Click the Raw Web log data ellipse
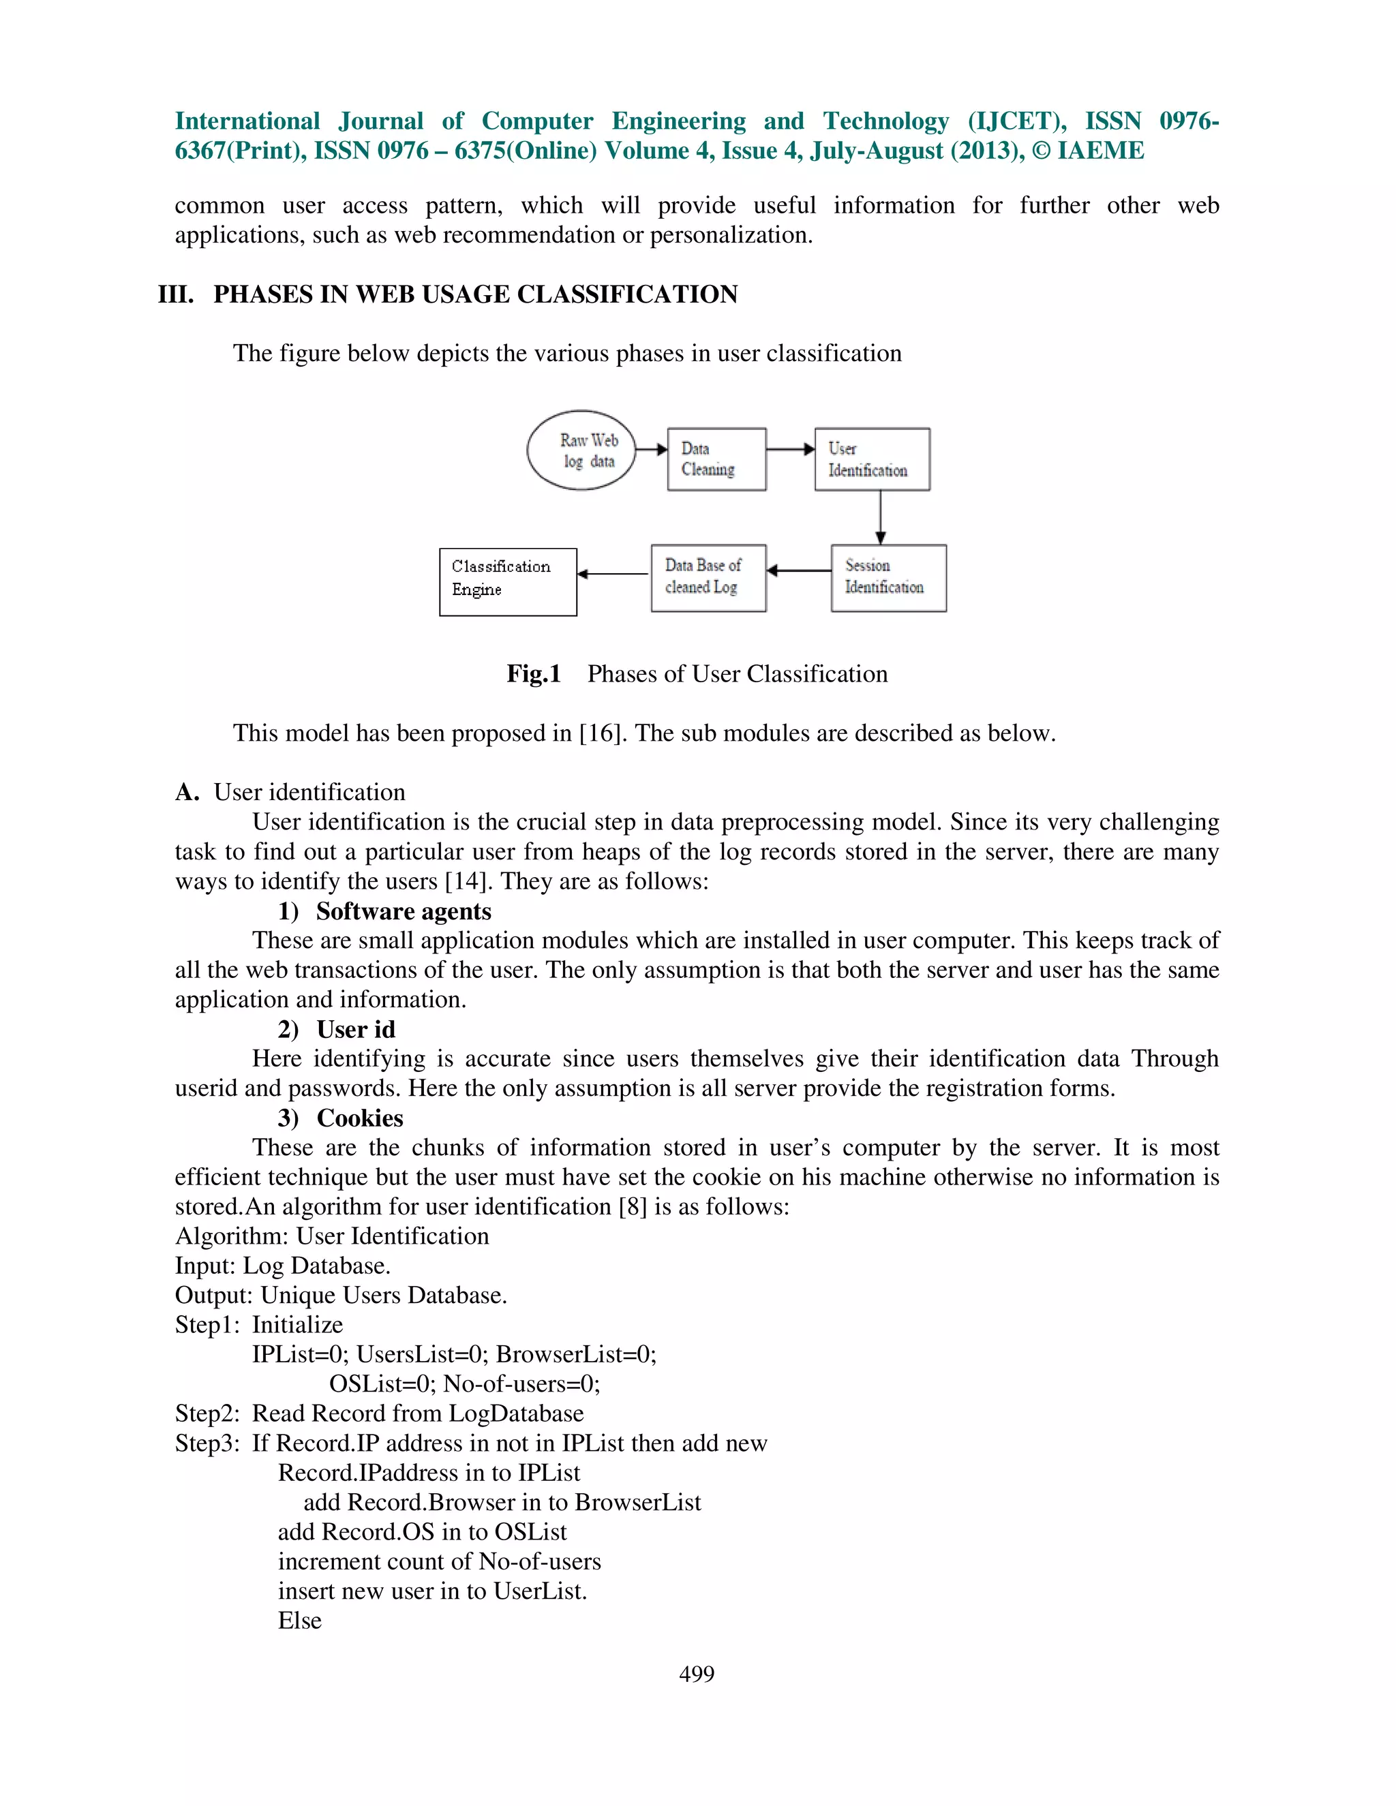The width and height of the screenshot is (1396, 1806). [581, 450]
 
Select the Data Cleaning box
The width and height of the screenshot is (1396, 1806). [716, 459]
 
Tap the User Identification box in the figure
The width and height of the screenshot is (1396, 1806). [872, 459]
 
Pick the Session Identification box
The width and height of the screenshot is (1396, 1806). [888, 577]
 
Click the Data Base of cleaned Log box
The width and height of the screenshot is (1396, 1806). [708, 577]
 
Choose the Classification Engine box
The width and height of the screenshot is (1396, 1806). [507, 581]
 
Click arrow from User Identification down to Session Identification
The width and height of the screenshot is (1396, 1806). [880, 517]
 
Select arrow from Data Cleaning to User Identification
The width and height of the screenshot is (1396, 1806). [790, 449]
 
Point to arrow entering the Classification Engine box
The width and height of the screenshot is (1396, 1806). [613, 574]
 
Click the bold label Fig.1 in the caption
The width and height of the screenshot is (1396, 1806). [534, 674]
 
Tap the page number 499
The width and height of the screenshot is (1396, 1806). [697, 1674]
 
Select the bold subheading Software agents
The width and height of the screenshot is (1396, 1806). [404, 911]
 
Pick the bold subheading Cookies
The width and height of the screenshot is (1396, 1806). [360, 1118]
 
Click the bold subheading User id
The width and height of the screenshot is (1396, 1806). [356, 1030]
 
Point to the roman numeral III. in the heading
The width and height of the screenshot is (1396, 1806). [175, 294]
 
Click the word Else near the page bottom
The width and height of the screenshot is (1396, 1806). [299, 1620]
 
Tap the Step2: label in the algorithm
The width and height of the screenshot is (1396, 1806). [207, 1413]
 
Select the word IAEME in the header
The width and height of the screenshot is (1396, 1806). [1101, 151]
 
